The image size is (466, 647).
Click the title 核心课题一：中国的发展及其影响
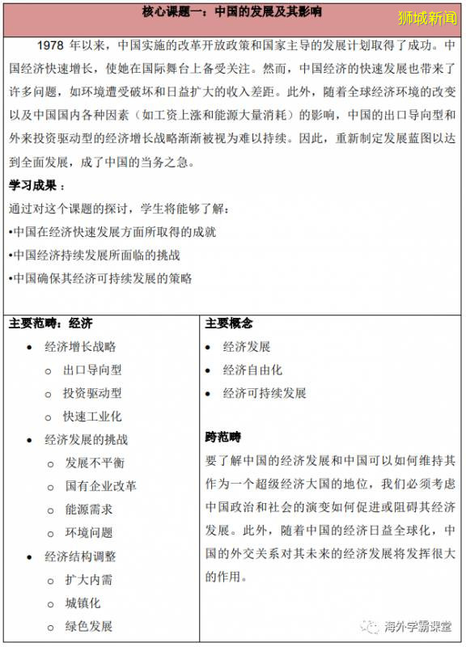point(232,14)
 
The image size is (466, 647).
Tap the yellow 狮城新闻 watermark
point(428,16)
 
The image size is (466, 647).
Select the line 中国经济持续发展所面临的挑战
point(95,255)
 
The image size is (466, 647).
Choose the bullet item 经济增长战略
point(80,346)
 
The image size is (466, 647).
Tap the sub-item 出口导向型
point(93,370)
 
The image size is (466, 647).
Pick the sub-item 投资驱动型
point(93,393)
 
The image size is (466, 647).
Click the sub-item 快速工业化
point(93,417)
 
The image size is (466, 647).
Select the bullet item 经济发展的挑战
point(86,440)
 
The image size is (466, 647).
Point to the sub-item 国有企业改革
point(101,486)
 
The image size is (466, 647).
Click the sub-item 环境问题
point(89,533)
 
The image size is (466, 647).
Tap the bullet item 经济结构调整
point(80,556)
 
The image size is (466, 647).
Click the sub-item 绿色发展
point(89,626)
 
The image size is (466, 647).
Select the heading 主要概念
point(229,323)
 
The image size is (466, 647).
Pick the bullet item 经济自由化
point(252,370)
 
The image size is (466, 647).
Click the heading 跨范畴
point(223,438)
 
